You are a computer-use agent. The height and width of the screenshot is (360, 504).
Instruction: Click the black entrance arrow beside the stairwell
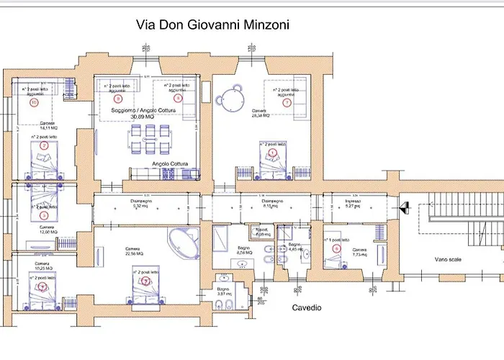point(405,207)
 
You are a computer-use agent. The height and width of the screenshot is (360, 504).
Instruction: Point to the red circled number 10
point(34,103)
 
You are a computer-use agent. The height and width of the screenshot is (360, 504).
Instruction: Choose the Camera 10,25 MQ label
point(47,266)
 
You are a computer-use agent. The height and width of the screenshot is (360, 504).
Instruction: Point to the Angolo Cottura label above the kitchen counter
point(170,164)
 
